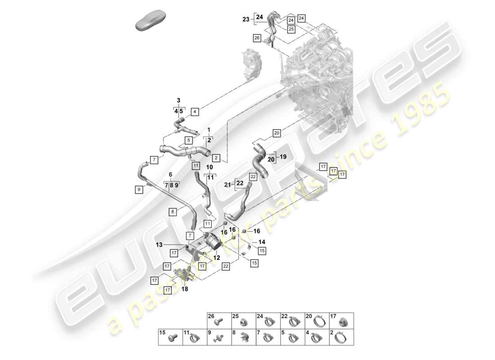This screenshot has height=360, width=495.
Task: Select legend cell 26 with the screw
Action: point(219,320)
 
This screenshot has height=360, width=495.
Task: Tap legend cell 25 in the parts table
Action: point(243,320)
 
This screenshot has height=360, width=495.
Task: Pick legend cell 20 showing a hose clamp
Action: point(317,320)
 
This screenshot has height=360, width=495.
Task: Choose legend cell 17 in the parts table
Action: point(341,320)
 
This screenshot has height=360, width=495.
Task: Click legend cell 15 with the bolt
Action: point(170,337)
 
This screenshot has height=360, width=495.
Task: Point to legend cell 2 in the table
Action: point(341,337)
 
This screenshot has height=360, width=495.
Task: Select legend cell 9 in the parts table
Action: point(219,337)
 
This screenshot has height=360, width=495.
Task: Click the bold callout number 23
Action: point(245,19)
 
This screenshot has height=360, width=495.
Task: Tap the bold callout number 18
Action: point(184,290)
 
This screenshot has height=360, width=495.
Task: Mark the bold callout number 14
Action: point(261,241)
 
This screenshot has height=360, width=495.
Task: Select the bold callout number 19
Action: point(283,157)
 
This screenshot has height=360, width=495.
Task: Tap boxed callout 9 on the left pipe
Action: point(139,190)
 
